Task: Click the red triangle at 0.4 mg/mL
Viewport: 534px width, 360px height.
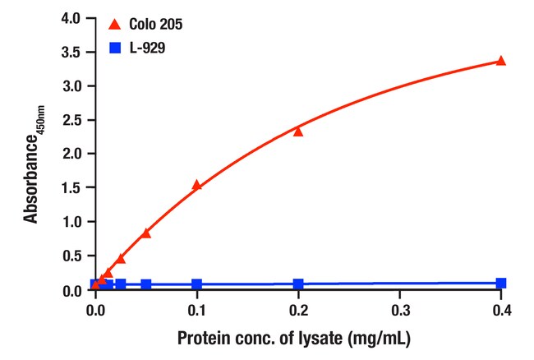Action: click(500, 61)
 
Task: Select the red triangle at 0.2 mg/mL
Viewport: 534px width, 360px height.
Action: click(298, 132)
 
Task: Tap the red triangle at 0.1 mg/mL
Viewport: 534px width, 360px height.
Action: click(197, 185)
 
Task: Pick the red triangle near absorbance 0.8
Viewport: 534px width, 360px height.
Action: click(146, 233)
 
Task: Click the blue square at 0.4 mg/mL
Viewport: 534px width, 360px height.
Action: click(500, 283)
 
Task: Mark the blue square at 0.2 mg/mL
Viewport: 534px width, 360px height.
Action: click(298, 284)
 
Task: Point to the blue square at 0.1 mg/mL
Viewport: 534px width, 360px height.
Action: click(197, 284)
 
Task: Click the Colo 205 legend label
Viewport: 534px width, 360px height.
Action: click(155, 24)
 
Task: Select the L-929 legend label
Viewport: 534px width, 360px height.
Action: click(147, 48)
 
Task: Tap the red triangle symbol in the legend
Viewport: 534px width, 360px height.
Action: click(115, 24)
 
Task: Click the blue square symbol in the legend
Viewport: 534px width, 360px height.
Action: click(115, 48)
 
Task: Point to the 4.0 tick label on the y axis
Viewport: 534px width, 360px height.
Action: click(71, 18)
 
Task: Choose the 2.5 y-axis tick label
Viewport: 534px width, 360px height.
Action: click(71, 120)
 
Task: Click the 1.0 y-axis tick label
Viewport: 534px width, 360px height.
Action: click(71, 222)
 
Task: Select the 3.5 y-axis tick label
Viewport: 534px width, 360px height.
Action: click(71, 52)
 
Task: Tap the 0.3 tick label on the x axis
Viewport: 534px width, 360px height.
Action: click(399, 311)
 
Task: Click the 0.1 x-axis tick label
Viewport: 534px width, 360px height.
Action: click(196, 311)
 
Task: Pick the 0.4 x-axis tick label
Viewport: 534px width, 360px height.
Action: click(502, 311)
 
